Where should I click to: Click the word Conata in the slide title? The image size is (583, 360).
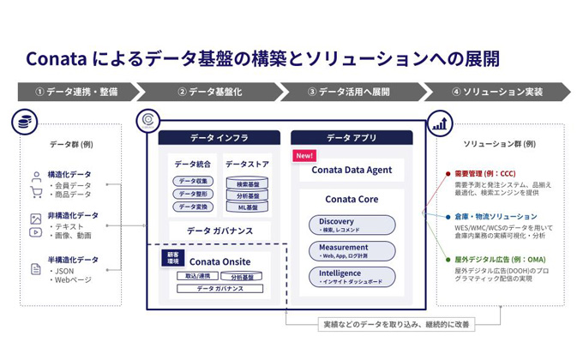pyautogui.click(x=54, y=58)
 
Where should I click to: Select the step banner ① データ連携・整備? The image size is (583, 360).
pyautogui.click(x=75, y=92)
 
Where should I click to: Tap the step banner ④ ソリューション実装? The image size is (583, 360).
pyautogui.click(x=496, y=92)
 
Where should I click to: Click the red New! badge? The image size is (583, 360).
pyautogui.click(x=304, y=156)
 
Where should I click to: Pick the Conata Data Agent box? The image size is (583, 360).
pyautogui.click(x=352, y=170)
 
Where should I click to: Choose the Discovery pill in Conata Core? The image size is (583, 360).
pyautogui.click(x=352, y=225)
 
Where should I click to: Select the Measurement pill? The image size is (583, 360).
pyautogui.click(x=352, y=250)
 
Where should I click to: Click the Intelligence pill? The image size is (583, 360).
pyautogui.click(x=352, y=276)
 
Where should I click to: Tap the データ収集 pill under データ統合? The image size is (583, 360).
pyautogui.click(x=193, y=181)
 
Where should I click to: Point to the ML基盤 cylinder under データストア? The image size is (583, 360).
pyautogui.click(x=247, y=207)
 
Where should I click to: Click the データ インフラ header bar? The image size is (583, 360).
pyautogui.click(x=219, y=137)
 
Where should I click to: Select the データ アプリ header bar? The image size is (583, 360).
pyautogui.click(x=352, y=137)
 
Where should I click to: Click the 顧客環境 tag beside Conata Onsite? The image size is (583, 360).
pyautogui.click(x=171, y=258)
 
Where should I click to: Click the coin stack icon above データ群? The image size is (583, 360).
pyautogui.click(x=25, y=123)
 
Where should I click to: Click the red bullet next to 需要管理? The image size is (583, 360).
pyautogui.click(x=448, y=173)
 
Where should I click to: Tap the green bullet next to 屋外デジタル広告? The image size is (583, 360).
pyautogui.click(x=448, y=259)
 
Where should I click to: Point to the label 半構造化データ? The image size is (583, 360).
pyautogui.click(x=73, y=259)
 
